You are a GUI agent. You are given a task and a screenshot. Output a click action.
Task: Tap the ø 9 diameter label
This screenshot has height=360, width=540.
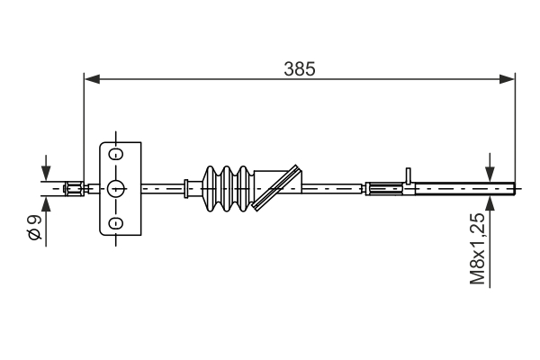click(x=34, y=228)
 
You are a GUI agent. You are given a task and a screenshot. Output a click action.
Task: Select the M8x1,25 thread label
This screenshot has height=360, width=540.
click(x=478, y=249)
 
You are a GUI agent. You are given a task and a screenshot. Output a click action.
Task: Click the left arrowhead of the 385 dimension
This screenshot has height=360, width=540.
click(x=90, y=79)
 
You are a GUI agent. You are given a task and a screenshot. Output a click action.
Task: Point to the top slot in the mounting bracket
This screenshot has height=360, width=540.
click(x=115, y=154)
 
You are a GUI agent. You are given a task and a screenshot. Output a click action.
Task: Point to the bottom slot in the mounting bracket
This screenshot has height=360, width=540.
click(x=115, y=222)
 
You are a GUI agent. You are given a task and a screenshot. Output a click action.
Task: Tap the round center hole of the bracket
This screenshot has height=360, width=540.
click(x=115, y=188)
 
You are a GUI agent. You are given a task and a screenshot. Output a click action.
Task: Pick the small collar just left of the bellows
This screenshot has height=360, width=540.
click(x=185, y=188)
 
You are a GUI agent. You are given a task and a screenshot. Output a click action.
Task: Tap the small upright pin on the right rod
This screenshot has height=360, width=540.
click(x=408, y=175)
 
